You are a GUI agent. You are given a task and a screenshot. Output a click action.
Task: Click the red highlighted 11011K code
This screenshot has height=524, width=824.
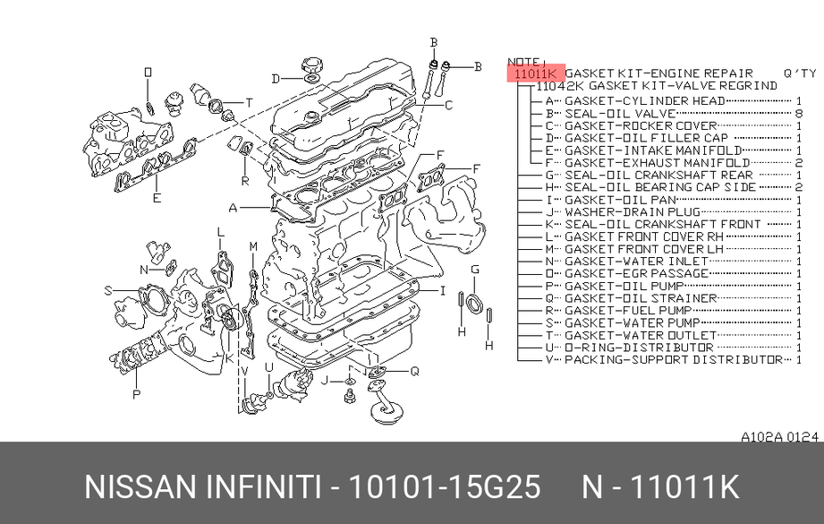[x=536, y=73]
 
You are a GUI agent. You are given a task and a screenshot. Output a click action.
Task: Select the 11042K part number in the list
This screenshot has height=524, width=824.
[x=559, y=86]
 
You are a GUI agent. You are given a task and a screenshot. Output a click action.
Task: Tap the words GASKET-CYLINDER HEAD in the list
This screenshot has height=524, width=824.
[x=645, y=101]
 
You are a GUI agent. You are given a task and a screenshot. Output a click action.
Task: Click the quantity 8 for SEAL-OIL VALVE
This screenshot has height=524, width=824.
[x=799, y=113]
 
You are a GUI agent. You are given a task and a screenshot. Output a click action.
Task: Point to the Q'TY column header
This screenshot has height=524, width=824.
[x=800, y=73]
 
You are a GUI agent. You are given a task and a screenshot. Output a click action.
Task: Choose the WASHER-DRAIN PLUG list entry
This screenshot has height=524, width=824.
[x=633, y=212]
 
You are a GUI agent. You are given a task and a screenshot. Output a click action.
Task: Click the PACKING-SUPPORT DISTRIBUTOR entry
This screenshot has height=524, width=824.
[x=674, y=360]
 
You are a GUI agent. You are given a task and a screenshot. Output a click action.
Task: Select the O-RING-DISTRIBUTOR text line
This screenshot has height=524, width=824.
[x=639, y=348]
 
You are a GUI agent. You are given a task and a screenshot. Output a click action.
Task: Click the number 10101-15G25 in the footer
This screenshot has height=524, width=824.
[x=445, y=486]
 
